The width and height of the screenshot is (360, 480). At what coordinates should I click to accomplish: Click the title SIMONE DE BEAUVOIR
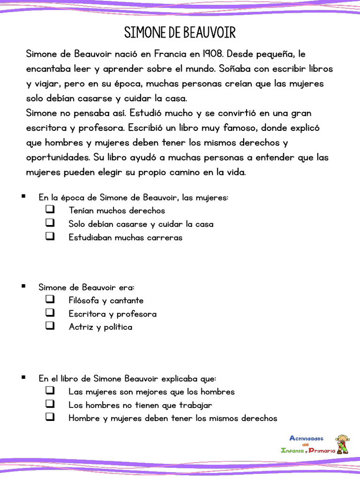pos(180,33)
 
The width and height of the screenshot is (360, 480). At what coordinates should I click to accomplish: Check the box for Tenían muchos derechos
pos(50,210)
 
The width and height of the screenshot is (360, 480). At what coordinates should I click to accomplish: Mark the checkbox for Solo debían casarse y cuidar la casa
pos(50,223)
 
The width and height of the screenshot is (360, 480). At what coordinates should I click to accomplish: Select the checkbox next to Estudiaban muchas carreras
pos(50,236)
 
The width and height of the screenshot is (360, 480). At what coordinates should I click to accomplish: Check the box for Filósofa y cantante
pos(50,299)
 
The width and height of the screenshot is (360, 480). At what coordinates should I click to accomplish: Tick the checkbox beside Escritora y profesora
pos(50,313)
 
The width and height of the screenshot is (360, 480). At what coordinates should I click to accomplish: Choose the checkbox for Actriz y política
pos(50,326)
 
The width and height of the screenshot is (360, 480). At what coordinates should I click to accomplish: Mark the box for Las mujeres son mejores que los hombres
pos(50,390)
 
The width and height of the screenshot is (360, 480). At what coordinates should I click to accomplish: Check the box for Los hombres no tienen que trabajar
pos(50,404)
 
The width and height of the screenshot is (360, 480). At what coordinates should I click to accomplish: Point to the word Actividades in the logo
pos(307,438)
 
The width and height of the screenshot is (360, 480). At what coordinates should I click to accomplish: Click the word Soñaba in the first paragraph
pos(236,68)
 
